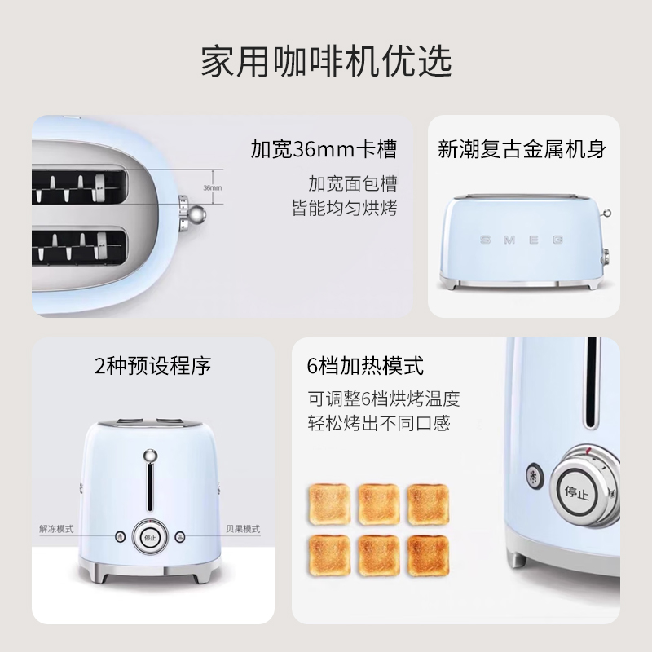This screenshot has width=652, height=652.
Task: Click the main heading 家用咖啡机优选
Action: click(x=326, y=62)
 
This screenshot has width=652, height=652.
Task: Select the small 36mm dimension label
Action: click(x=212, y=187)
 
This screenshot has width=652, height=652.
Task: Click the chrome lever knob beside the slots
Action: click(x=196, y=214)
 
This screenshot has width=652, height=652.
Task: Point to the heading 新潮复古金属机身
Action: click(x=522, y=150)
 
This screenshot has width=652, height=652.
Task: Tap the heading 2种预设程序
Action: click(x=153, y=366)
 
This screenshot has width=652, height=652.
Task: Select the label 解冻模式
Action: click(x=56, y=529)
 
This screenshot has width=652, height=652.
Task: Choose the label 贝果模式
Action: click(x=243, y=529)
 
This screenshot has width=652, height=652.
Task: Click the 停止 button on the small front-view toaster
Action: click(x=149, y=537)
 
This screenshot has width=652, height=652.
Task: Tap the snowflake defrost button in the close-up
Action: click(x=535, y=477)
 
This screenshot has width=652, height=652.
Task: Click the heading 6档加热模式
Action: click(x=366, y=365)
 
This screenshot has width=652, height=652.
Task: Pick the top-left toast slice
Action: click(x=329, y=504)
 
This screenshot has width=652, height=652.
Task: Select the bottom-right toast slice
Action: click(x=429, y=556)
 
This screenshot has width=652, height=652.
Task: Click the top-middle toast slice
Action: click(x=379, y=504)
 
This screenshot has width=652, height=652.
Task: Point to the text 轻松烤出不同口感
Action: click(x=379, y=424)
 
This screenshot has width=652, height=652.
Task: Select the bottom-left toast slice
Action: click(x=329, y=556)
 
